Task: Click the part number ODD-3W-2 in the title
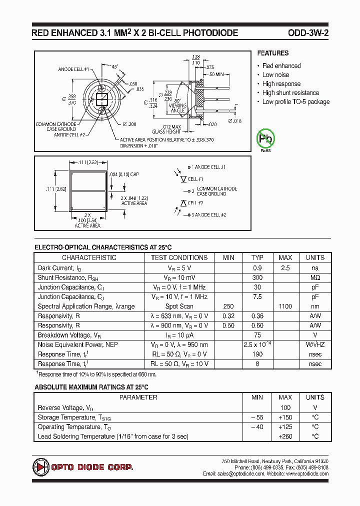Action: click(x=308, y=33)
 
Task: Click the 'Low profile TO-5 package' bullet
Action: click(x=296, y=102)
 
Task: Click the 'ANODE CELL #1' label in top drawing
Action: click(x=73, y=69)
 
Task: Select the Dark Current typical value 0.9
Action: click(x=257, y=268)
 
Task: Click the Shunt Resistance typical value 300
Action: click(x=257, y=277)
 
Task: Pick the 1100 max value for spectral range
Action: click(x=285, y=306)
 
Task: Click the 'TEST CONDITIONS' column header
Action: click(x=179, y=258)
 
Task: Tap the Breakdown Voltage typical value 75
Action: click(x=257, y=335)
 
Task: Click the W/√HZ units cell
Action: click(x=315, y=345)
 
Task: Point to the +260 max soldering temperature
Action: click(x=285, y=437)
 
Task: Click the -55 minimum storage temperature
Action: click(x=257, y=417)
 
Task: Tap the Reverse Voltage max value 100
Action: click(x=285, y=408)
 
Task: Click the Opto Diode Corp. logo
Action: click(x=83, y=467)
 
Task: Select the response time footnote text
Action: click(x=97, y=374)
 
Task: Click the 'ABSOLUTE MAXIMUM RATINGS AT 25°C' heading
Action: click(x=91, y=387)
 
